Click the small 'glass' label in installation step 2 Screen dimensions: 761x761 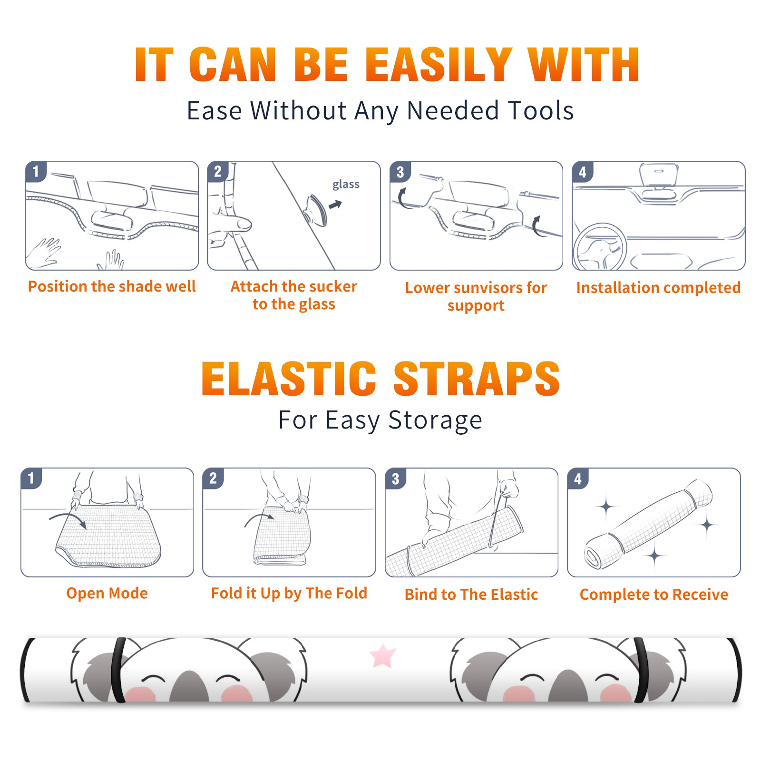pos(346,185)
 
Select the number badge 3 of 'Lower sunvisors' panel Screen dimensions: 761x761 pos(400,172)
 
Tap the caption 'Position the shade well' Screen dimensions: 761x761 pos(112,286)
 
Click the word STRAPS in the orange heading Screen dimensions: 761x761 pos(477,379)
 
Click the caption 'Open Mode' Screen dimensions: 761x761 pos(107,593)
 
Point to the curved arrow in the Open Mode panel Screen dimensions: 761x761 pos(68,520)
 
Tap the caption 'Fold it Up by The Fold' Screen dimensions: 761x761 pos(289,594)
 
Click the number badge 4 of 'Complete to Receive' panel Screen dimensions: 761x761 pos(578,478)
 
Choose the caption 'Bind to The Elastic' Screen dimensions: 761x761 pos(471,595)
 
